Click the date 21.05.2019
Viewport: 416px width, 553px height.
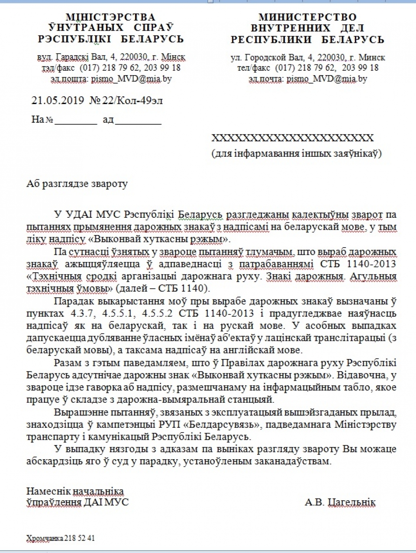(58, 101)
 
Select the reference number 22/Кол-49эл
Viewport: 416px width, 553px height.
(132, 101)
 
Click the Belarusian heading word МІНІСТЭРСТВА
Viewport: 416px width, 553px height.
(110, 17)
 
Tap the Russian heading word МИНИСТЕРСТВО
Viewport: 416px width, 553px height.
(307, 17)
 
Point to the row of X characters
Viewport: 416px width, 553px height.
(292, 138)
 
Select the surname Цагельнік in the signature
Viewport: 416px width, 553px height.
(352, 502)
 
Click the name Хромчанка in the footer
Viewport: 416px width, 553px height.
(45, 538)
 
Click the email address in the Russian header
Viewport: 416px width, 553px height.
(326, 79)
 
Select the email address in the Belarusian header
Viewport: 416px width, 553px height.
(131, 79)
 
